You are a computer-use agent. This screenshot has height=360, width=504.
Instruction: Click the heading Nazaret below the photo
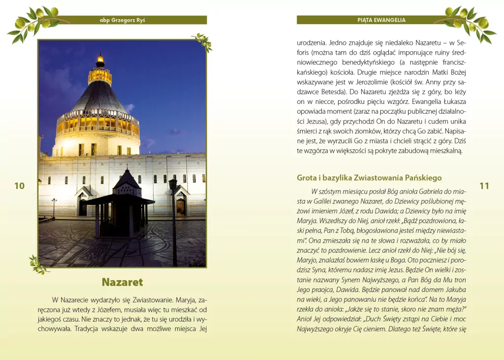(x=122, y=282)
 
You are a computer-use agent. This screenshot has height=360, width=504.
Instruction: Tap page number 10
(x=19, y=186)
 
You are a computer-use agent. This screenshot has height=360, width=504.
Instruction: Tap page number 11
(x=484, y=186)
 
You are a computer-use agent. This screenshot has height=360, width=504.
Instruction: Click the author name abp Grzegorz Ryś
(x=122, y=20)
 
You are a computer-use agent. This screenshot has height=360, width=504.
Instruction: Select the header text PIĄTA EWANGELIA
(x=381, y=20)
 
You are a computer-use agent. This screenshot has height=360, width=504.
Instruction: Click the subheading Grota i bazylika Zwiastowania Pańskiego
(x=369, y=178)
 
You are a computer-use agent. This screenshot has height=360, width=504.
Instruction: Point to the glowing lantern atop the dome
(x=100, y=61)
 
